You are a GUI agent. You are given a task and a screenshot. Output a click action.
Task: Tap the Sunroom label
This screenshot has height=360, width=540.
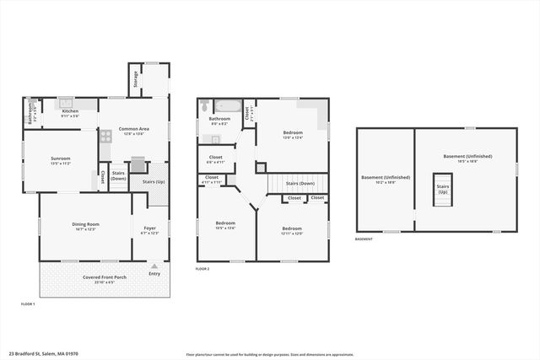[60, 161]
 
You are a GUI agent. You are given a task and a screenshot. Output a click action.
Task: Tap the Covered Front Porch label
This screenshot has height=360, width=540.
[105, 277]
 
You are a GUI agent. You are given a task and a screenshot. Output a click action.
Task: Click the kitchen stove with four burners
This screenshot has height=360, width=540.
[106, 135]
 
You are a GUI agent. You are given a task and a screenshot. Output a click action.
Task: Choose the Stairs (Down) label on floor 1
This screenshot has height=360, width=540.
[118, 176]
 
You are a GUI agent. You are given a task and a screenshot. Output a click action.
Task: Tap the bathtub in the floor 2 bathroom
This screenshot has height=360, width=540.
[226, 107]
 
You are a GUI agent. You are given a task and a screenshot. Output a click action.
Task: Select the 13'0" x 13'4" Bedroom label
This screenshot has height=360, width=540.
[292, 135]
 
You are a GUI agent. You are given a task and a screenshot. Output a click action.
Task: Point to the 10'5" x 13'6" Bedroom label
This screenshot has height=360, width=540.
[225, 225]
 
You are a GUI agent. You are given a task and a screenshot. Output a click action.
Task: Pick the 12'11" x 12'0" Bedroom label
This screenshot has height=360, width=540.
[292, 230]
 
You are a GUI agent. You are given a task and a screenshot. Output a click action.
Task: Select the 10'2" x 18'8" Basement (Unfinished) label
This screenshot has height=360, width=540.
[385, 179]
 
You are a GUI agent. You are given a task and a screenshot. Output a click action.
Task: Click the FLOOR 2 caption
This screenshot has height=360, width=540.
[202, 269]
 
